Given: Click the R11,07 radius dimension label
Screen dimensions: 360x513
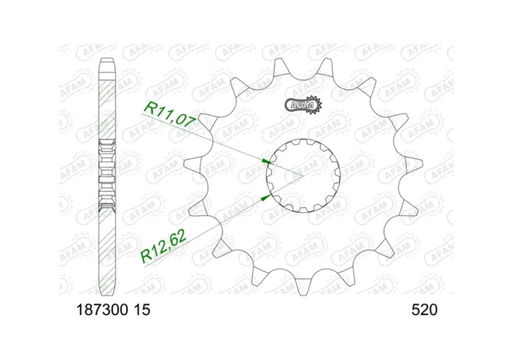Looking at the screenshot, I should tap(166, 111).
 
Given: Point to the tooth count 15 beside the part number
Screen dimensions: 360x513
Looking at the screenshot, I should tap(142, 311).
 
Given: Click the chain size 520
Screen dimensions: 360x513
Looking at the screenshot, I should tap(424, 311).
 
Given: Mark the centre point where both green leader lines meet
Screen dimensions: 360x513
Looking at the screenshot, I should tap(302, 175).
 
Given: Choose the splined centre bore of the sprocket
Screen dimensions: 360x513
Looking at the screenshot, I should tap(302, 175).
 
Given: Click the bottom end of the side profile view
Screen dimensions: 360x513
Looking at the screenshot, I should tap(107, 289).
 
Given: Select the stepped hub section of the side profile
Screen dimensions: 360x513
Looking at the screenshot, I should tap(107, 175).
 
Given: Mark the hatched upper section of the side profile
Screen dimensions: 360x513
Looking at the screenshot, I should tap(107, 103).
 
